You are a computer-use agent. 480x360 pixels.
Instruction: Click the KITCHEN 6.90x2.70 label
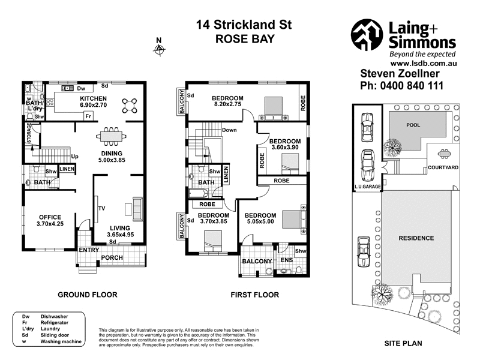point(94,102)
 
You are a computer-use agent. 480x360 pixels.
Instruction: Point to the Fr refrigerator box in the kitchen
point(88,116)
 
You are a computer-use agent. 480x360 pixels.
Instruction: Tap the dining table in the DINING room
point(111,136)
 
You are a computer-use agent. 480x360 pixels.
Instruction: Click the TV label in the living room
point(102,208)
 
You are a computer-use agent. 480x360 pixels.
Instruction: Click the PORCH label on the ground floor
point(112,259)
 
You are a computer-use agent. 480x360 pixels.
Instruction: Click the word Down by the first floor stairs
point(229,130)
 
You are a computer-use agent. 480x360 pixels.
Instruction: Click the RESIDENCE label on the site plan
point(416,238)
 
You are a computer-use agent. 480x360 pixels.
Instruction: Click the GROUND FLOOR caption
point(87,295)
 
